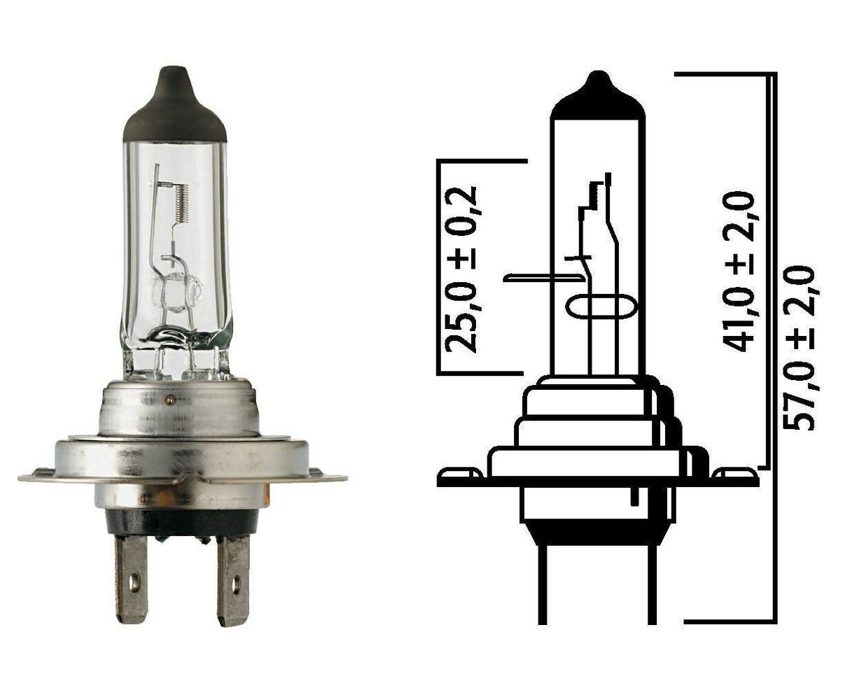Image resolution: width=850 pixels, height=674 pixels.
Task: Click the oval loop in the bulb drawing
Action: click(x=601, y=308)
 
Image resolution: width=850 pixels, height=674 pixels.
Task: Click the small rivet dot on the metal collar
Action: click(x=168, y=400)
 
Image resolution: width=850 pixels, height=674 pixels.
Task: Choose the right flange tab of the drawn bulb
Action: click(x=735, y=477)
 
